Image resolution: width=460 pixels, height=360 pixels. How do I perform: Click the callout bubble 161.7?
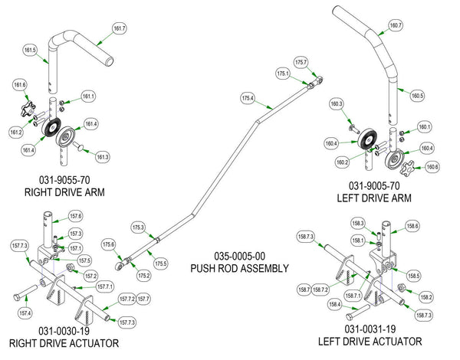click(119, 29)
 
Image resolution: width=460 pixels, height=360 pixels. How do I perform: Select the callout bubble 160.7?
click(396, 25)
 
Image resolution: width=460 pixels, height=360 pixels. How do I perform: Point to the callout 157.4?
click(25, 313)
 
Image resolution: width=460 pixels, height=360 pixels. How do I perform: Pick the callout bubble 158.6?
click(412, 226)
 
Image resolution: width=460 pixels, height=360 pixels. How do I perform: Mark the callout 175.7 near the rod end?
click(301, 62)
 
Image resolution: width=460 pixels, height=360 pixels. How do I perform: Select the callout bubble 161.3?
click(102, 156)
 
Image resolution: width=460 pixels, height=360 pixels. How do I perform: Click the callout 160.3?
click(336, 103)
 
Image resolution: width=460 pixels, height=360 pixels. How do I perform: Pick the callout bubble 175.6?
click(108, 244)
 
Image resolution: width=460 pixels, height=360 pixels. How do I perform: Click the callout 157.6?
click(75, 217)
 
